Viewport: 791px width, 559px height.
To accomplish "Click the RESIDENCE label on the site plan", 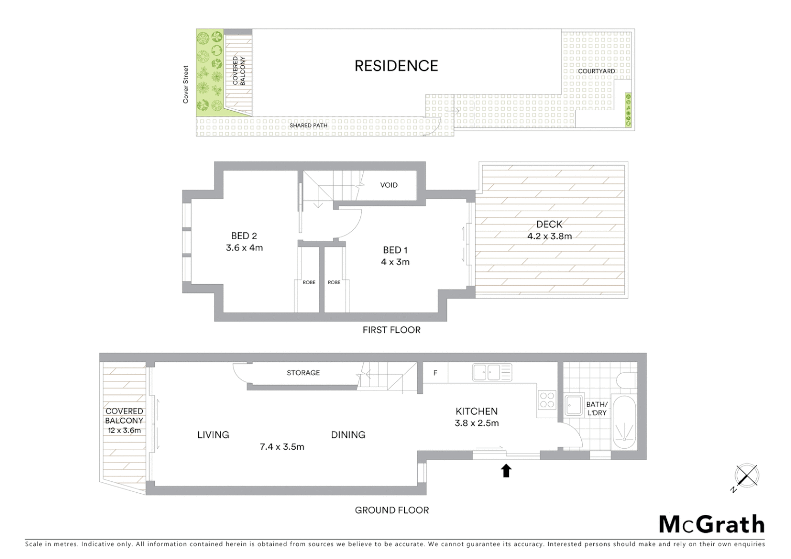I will [396, 66].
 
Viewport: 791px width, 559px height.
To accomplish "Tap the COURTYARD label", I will [596, 71].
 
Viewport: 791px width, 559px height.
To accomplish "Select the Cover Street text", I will [186, 84].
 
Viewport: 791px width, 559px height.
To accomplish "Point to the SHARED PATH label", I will [309, 125].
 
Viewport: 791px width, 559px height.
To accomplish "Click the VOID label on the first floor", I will [389, 185].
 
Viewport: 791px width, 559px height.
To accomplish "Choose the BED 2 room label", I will [244, 236].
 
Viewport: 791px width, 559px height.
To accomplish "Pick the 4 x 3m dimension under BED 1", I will [395, 262].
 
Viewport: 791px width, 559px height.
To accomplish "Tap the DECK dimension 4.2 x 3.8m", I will [549, 236].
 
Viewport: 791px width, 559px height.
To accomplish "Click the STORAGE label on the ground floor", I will [303, 373].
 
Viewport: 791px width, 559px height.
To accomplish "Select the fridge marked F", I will [435, 373].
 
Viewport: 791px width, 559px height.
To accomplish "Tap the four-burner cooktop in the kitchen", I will [547, 400].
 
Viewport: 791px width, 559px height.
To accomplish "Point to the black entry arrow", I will [506, 470].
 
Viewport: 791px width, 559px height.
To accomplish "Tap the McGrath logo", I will [711, 524].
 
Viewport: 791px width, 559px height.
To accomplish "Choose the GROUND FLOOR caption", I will [392, 510].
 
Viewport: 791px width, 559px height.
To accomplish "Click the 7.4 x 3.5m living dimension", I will [282, 447].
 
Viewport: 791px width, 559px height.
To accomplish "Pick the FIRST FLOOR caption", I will [391, 330].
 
